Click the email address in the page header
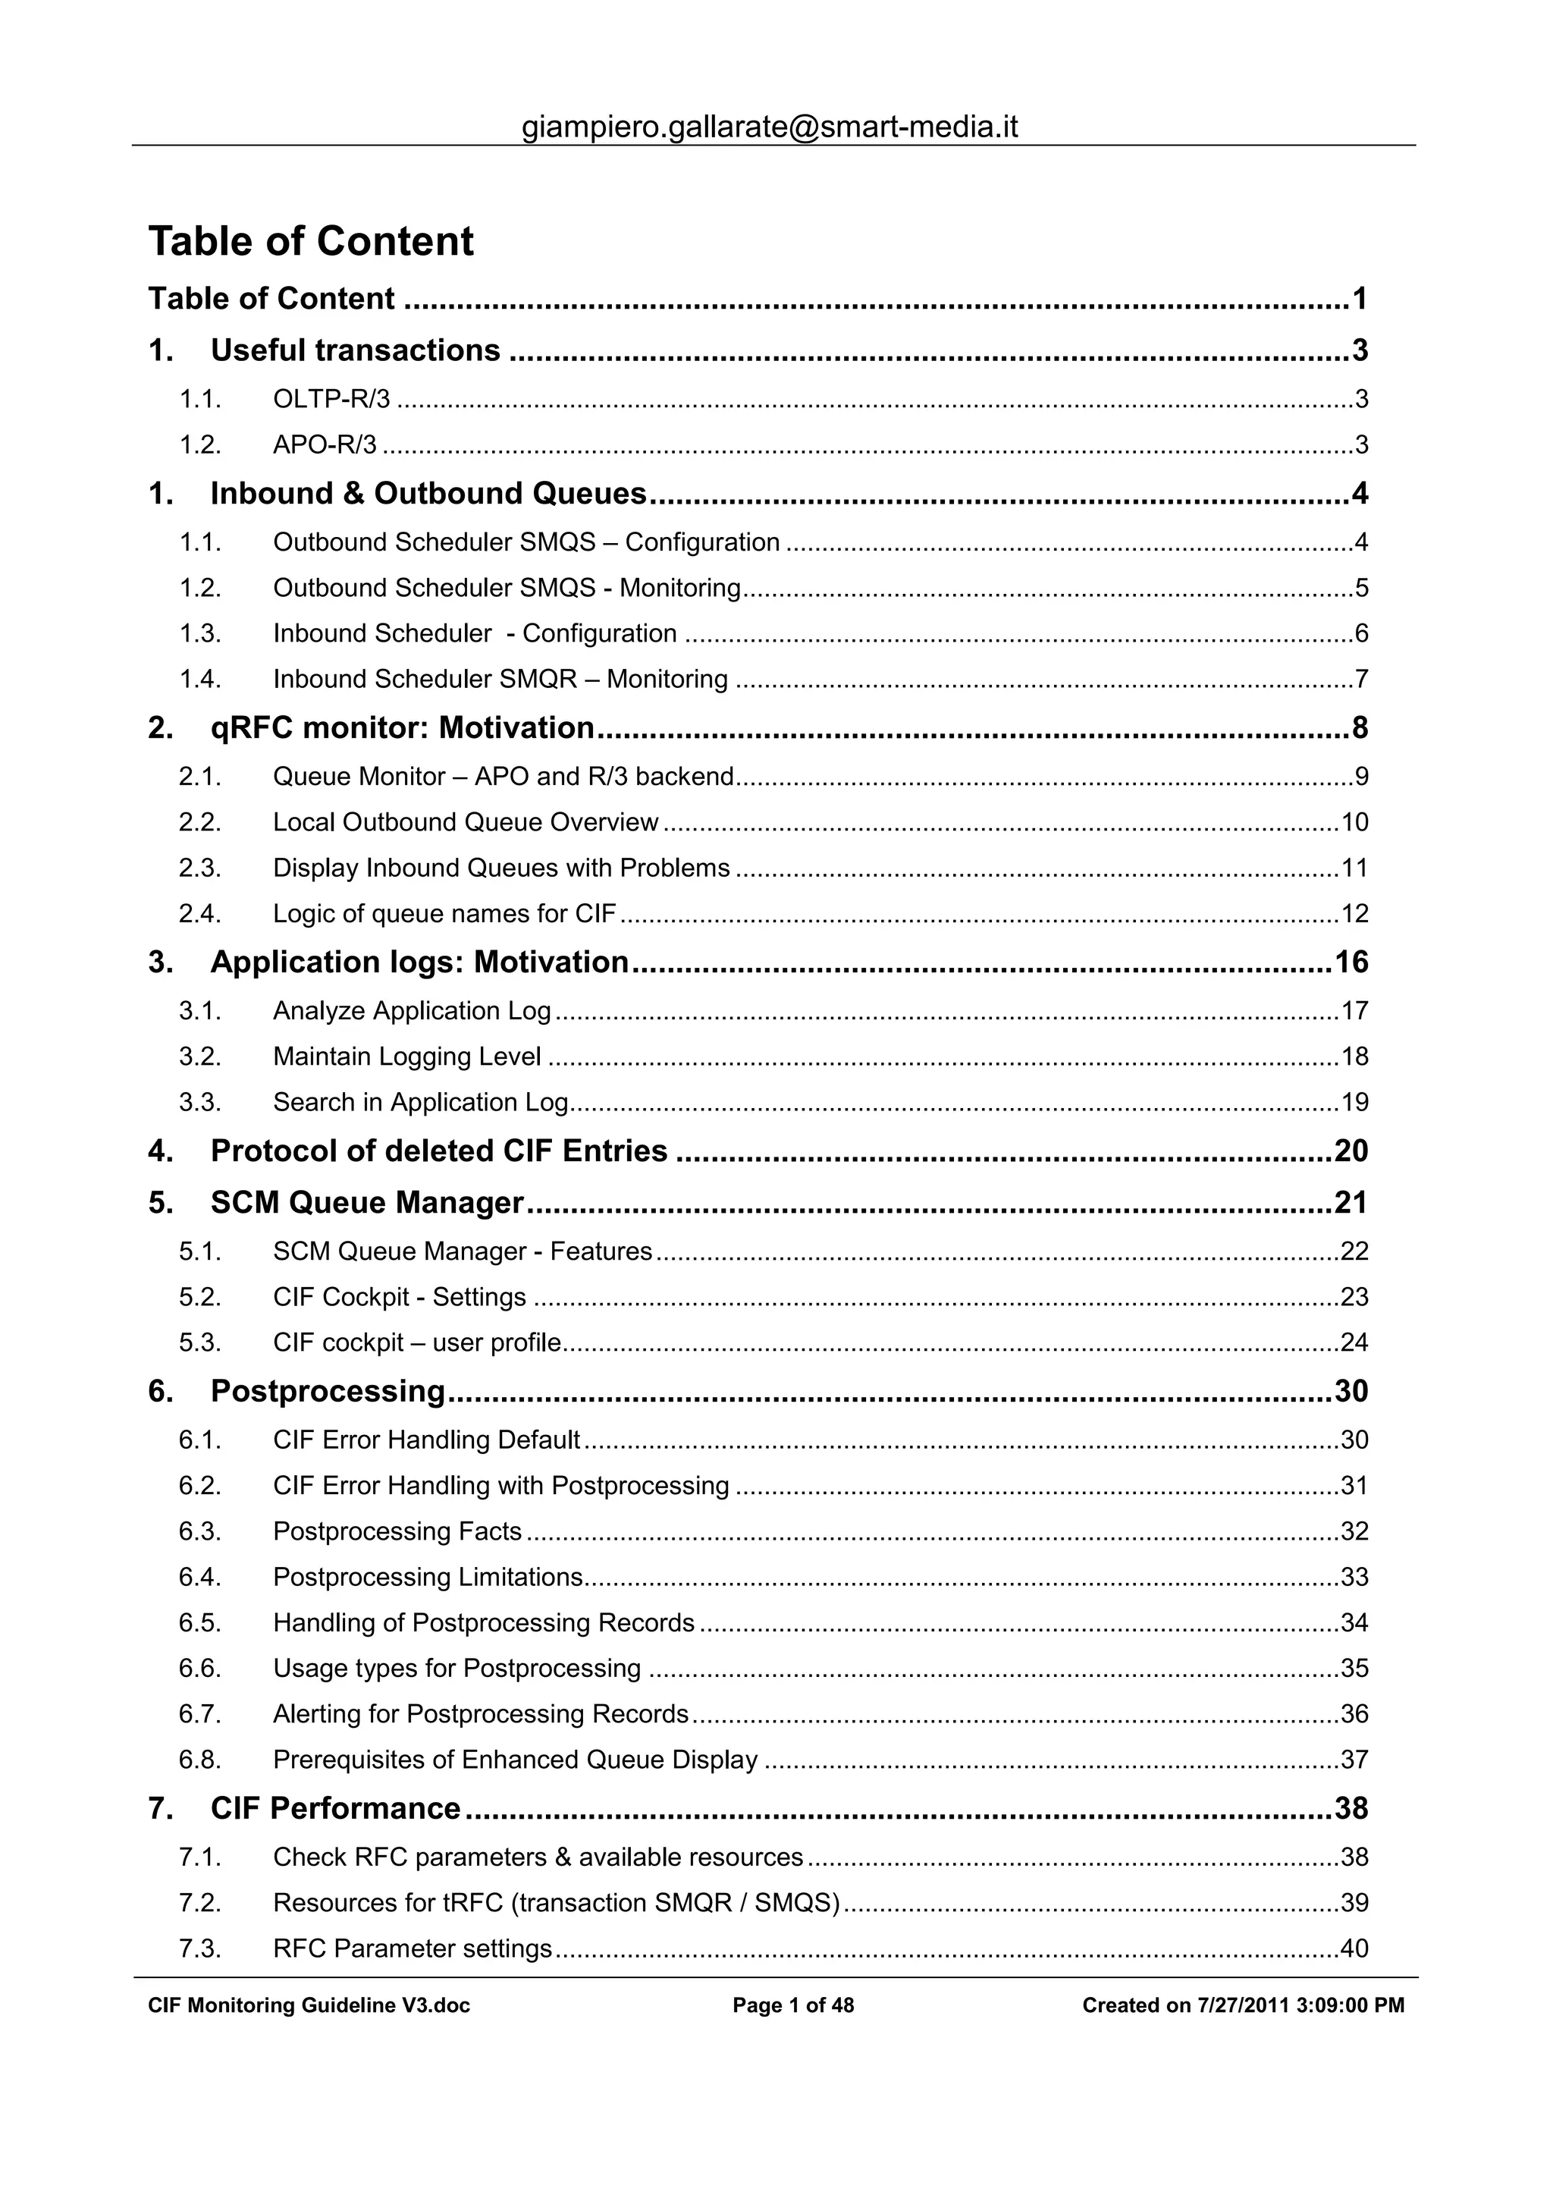(x=770, y=127)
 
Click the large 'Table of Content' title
(x=310, y=241)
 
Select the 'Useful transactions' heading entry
(x=355, y=350)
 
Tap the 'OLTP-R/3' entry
(x=331, y=399)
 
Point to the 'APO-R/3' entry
(x=325, y=445)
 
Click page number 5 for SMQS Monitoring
(x=1360, y=588)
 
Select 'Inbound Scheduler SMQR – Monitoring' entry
(x=500, y=680)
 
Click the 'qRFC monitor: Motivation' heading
(x=402, y=729)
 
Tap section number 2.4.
(x=199, y=914)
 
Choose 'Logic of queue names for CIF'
(x=444, y=914)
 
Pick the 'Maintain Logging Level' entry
(x=406, y=1057)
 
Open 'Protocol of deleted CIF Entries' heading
(x=438, y=1151)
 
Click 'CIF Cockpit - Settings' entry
(x=399, y=1297)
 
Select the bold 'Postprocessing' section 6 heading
(x=328, y=1391)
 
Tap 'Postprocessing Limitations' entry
(x=428, y=1578)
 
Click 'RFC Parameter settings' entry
(x=413, y=1948)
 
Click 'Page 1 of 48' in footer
(x=792, y=2005)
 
